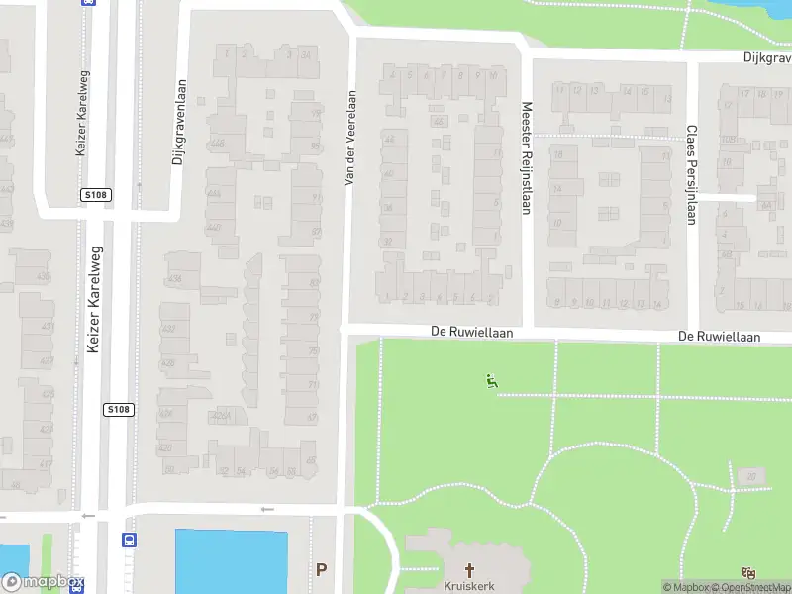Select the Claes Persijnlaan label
[691, 174]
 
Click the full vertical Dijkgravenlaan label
[179, 122]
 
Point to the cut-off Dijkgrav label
[767, 57]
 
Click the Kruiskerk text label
[470, 585]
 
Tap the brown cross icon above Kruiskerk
[470, 569]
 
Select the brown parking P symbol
[321, 570]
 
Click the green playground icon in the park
[490, 380]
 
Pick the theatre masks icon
[749, 573]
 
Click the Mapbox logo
[43, 582]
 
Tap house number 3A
[306, 54]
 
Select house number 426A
[225, 418]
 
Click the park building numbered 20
[751, 478]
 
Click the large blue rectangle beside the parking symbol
[231, 561]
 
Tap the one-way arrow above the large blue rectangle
[265, 509]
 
